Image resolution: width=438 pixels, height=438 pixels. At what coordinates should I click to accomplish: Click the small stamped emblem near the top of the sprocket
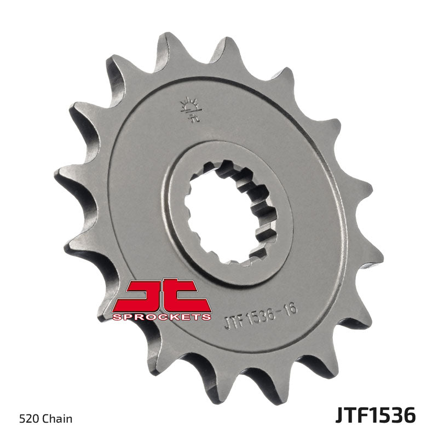tap(189, 109)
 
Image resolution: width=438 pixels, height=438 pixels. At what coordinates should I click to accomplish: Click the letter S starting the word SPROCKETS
tap(116, 316)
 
